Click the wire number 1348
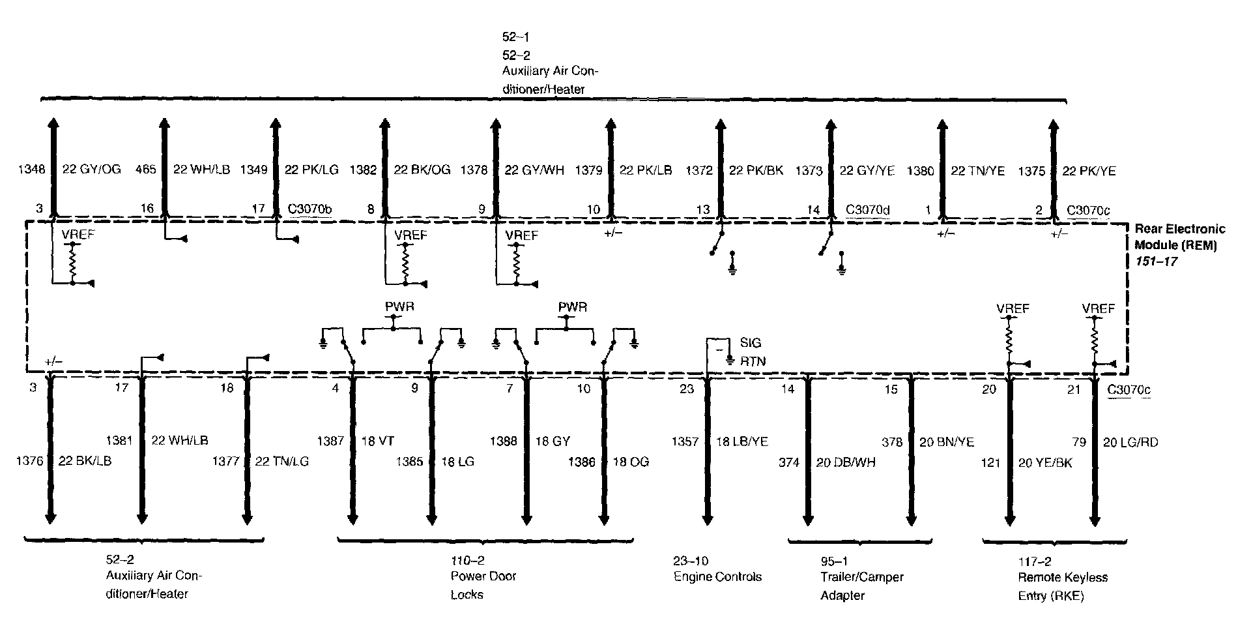32,170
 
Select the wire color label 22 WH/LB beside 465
201,170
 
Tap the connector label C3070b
309,209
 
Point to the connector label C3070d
868,209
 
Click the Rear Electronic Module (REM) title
1180,237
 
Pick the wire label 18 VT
378,441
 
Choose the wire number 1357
686,441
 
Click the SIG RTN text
750,352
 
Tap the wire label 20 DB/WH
846,462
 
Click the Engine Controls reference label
717,576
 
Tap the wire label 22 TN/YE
978,171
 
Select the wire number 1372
699,171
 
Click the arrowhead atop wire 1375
1051,125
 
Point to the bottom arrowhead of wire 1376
50,518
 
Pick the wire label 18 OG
630,462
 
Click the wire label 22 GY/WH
534,171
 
